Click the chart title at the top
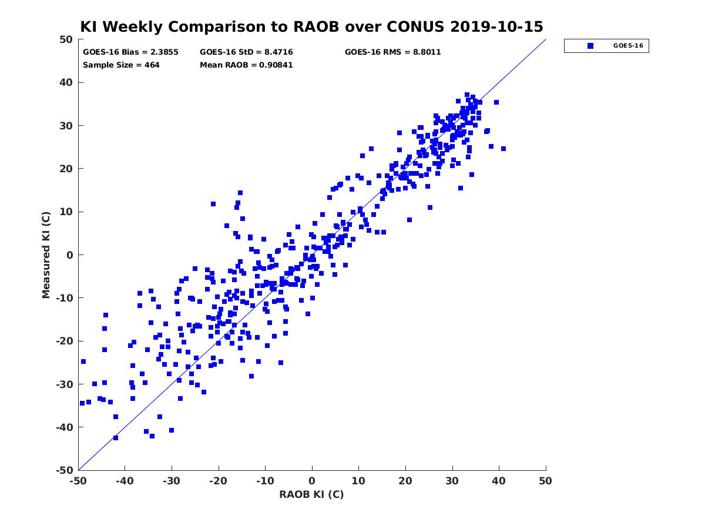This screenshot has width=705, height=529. [311, 26]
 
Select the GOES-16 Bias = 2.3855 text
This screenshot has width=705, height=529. [130, 52]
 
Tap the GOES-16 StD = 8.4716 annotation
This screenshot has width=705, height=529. [246, 52]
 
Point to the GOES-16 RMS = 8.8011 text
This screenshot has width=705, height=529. [392, 52]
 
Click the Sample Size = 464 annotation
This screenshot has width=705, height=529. [121, 65]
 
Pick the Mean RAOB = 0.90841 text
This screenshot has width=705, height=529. [246, 65]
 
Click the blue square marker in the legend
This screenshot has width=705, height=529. [590, 46]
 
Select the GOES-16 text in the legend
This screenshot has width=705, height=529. [628, 46]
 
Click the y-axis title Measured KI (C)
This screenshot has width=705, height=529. [46, 255]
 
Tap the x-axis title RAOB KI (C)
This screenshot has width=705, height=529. [311, 494]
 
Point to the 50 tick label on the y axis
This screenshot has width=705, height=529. [66, 39]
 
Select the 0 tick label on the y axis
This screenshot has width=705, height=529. [70, 255]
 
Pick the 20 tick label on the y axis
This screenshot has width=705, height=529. [66, 169]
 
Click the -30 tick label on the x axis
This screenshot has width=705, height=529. [171, 481]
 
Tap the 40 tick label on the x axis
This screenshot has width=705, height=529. [498, 481]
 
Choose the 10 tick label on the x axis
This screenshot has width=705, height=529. [358, 481]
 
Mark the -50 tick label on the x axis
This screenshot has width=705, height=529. [78, 481]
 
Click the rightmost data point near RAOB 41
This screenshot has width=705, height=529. [503, 149]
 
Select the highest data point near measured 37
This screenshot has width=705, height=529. [467, 95]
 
